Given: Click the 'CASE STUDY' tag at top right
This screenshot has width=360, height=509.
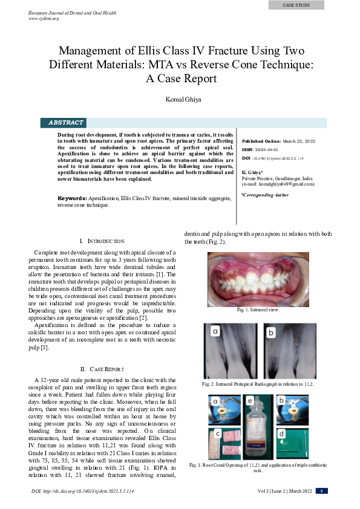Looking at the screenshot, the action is pos(296,5).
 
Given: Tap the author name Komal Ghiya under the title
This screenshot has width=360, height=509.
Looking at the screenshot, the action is pos(180,99).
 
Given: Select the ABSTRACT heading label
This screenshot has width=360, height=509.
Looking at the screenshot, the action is pos(66,123).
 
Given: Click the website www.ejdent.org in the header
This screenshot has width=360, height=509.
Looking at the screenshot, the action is pos(44,19).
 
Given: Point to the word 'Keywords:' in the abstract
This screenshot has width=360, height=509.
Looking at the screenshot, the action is pos(72,198).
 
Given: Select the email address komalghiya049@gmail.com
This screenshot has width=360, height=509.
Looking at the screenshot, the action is pos(281,184).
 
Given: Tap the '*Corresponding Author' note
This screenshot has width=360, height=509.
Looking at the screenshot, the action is pos(265,195).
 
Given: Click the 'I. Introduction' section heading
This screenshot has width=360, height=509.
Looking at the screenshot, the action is pos(102,241).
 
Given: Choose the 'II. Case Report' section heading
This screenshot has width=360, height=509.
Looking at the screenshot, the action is pos(102,369).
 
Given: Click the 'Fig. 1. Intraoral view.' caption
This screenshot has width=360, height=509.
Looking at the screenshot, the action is pos(258,310).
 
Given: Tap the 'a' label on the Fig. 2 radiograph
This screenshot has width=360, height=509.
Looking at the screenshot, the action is pos(214,331).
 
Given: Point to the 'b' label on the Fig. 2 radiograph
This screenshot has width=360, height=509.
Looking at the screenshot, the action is pos(272,332).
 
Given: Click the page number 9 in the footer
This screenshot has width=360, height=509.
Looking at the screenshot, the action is pos(322,491).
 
